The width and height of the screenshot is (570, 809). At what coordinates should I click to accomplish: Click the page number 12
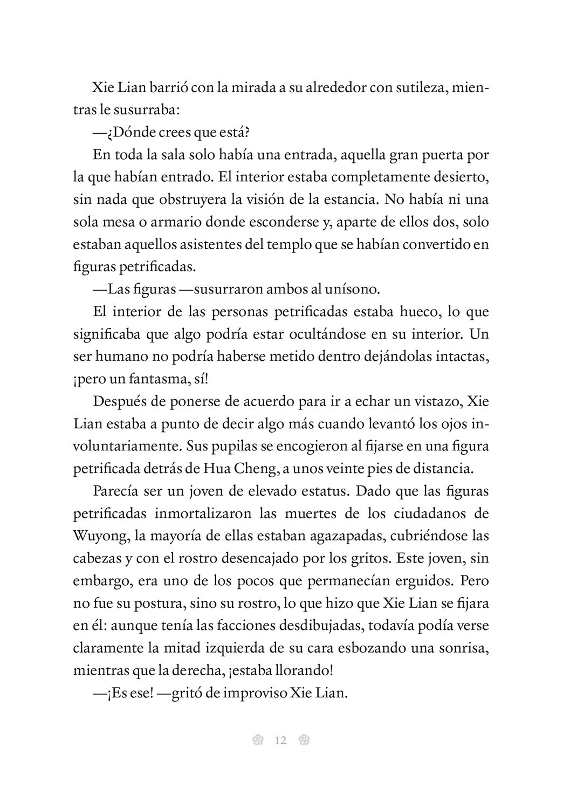coord(280,740)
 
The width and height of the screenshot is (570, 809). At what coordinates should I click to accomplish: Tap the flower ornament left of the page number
coord(258,740)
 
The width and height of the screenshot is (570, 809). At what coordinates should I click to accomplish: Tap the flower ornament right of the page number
coord(304,740)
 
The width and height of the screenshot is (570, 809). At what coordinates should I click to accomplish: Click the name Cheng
coord(253,469)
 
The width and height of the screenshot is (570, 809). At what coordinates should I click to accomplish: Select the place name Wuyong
coord(95,536)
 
